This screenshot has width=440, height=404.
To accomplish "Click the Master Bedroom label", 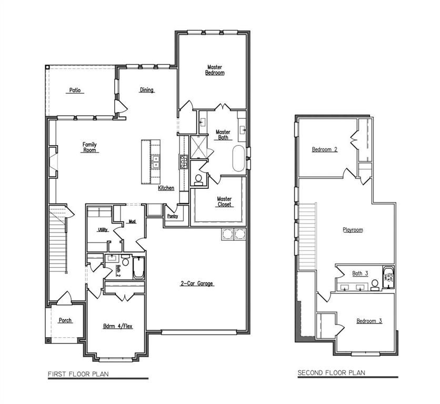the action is pyautogui.click(x=215, y=70).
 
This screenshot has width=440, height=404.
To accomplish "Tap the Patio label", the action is pyautogui.click(x=75, y=90).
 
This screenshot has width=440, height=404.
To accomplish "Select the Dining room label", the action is pyautogui.click(x=147, y=90).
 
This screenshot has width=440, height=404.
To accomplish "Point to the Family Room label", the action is pyautogui.click(x=89, y=147).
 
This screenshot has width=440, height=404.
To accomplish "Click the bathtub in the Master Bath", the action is pyautogui.click(x=238, y=158).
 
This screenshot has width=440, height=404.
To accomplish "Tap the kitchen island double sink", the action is pyautogui.click(x=155, y=162).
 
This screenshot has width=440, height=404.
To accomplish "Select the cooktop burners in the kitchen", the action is pyautogui.click(x=184, y=162).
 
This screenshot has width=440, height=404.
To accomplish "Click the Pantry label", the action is pyautogui.click(x=172, y=216).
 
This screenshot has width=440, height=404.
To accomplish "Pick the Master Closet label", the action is pyautogui.click(x=224, y=201).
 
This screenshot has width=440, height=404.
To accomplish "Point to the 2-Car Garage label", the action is pyautogui.click(x=197, y=284).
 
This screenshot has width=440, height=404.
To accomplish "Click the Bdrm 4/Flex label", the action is pyautogui.click(x=117, y=326).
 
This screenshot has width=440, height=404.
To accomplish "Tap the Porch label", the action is pyautogui.click(x=65, y=320).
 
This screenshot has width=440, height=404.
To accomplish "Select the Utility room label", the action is pyautogui.click(x=103, y=230).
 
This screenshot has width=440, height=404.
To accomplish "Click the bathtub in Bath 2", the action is pyautogui.click(x=138, y=268).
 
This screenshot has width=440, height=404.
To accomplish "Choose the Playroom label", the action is pyautogui.click(x=353, y=230).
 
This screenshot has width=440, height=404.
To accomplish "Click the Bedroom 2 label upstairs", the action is pyautogui.click(x=325, y=149).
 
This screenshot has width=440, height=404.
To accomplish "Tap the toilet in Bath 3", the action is pyautogui.click(x=375, y=285).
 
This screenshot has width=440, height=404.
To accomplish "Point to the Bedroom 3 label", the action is pyautogui.click(x=369, y=321).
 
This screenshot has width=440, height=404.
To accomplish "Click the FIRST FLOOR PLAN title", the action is pyautogui.click(x=78, y=374).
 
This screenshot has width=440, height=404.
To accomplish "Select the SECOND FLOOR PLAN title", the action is pyautogui.click(x=332, y=373).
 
